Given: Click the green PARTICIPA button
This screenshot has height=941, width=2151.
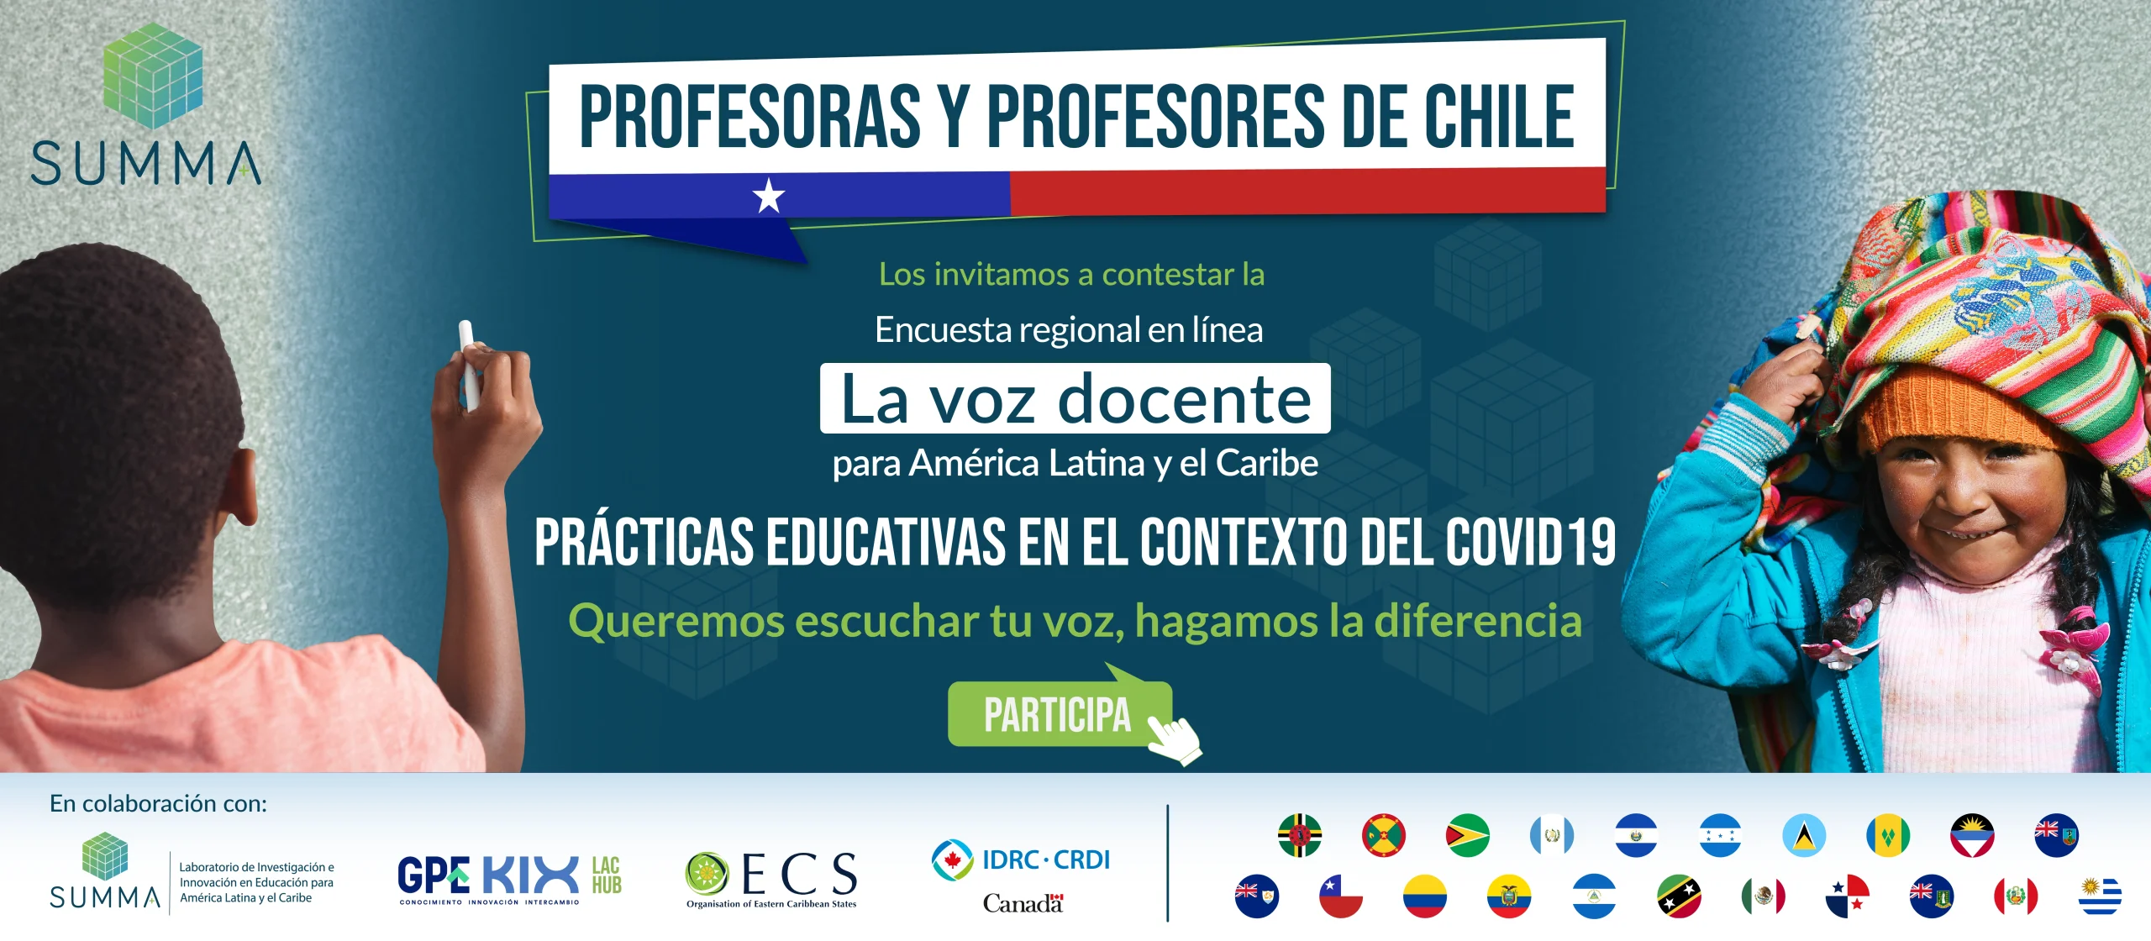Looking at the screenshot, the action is pos(1060,714).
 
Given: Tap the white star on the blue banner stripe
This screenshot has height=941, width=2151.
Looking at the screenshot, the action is pos(769,196).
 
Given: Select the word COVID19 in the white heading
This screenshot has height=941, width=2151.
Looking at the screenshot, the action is pos(1531,542).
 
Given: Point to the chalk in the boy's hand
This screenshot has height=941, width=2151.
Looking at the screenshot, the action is pos(469,365).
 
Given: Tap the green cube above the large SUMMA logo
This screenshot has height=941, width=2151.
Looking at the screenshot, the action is pos(152,76).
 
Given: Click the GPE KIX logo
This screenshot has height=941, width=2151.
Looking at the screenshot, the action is pos(509,879).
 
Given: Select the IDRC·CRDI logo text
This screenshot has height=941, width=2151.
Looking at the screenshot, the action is pos(1046,860).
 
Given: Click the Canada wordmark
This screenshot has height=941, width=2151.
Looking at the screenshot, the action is pos(1023,903).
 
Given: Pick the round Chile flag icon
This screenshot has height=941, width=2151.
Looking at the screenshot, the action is pos(1341,896).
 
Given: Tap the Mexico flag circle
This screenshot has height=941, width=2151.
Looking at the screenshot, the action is pos(1763,896).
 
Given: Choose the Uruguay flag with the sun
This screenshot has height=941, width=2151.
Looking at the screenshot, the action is pos(2100,896).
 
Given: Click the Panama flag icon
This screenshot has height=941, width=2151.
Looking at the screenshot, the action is pos(1847,896).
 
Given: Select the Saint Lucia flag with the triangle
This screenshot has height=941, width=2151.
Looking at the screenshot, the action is pos(1804,836).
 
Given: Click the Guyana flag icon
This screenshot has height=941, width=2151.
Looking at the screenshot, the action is pos(1467,836).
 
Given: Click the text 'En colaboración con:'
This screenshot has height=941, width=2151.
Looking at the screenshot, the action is pos(158,804).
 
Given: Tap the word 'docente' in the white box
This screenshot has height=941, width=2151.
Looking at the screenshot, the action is pos(1184,399).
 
